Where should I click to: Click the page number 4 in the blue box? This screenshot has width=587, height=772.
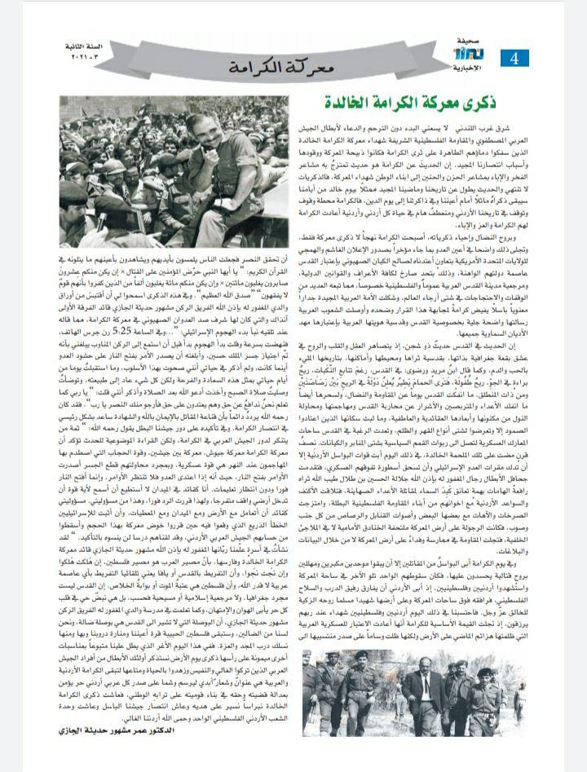(514, 59)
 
